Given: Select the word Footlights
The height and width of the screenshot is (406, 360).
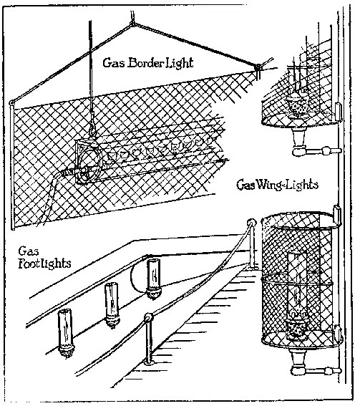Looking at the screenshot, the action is [44, 264].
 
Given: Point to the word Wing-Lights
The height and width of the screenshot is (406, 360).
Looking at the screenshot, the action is [287, 185].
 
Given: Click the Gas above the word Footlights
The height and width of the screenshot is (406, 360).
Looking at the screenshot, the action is [29, 251].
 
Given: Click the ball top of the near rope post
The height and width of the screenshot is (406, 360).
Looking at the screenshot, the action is [148, 318].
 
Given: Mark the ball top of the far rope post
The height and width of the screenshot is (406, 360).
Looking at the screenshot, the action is [251, 223].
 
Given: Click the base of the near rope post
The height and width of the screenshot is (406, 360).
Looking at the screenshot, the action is [149, 362].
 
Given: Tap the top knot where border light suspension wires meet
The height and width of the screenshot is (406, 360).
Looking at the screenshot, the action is [132, 24].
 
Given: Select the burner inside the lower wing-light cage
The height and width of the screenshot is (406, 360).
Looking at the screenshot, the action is [297, 328].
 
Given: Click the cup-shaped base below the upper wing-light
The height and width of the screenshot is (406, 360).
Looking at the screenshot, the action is [298, 137].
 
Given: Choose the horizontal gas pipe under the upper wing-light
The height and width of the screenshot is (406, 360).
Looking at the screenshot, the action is [317, 150].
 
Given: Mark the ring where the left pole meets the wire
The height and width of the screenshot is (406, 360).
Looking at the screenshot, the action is [11, 103].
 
